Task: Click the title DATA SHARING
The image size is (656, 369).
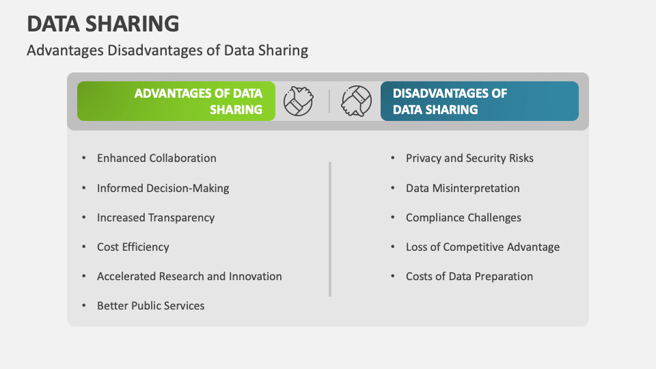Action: coord(103,23)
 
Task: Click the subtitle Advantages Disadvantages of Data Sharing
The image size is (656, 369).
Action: coord(167,50)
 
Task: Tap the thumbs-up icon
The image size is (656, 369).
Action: coord(299,100)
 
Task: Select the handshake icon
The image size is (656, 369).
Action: coord(356,100)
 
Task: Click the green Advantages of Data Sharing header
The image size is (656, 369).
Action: coord(176,101)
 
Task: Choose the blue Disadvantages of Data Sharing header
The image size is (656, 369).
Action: coord(479,101)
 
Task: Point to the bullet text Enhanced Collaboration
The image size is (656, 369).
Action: coord(156,158)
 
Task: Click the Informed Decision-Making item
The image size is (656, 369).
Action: coord(163,188)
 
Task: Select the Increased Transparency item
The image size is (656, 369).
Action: coord(156,217)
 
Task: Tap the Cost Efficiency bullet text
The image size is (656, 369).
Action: coord(133,247)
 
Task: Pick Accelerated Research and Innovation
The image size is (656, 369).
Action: coord(189,276)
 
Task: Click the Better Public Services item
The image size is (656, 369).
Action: coord(150,305)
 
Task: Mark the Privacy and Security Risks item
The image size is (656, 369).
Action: coord(469,158)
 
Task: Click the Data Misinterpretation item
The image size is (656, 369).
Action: coord(463,188)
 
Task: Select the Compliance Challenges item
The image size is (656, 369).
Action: coord(463,217)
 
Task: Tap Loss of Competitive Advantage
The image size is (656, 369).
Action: coord(482,247)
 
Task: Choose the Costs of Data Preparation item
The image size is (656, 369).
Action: coord(469,276)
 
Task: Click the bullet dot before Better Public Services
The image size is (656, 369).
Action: coord(83,305)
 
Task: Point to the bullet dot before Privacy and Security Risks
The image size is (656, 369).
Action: coord(392,158)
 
